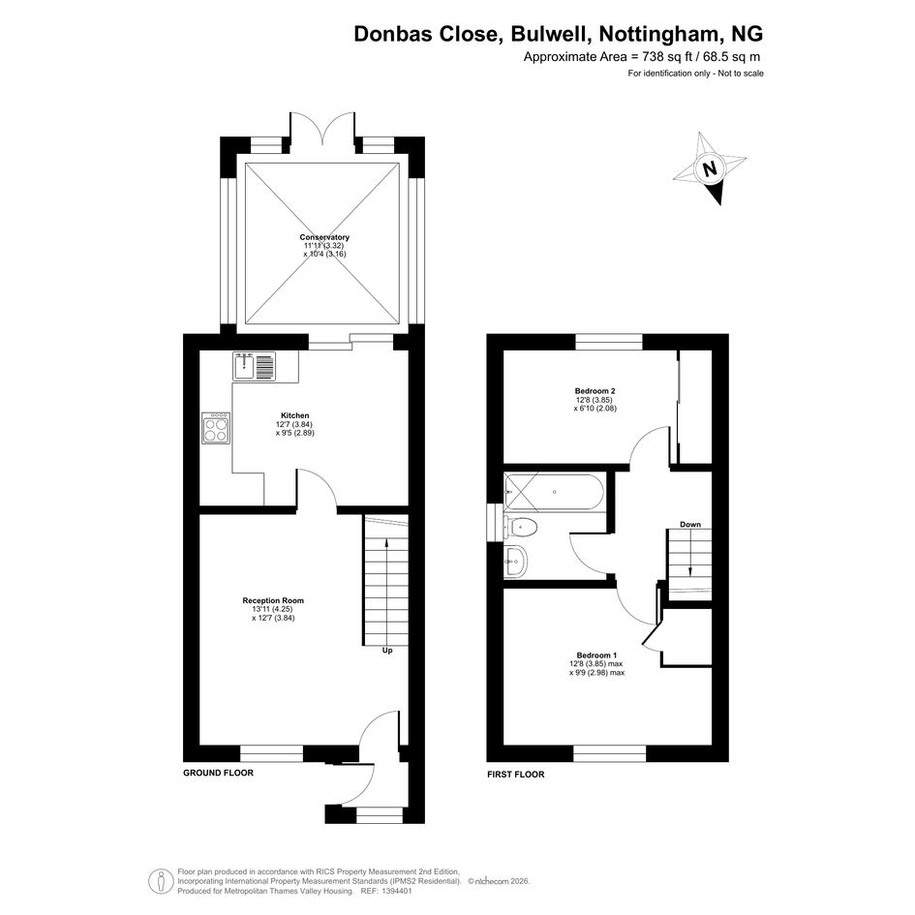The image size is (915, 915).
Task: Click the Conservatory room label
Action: pyautogui.click(x=324, y=237)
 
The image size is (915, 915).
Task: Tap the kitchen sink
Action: pyautogui.click(x=254, y=366)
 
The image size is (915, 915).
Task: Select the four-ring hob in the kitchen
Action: pyautogui.click(x=215, y=428)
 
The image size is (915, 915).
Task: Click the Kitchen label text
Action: pyautogui.click(x=295, y=415)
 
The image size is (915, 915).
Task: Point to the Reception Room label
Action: pyautogui.click(x=273, y=600)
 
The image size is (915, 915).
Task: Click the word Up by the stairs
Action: pyautogui.click(x=387, y=650)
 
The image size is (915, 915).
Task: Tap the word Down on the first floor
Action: pyautogui.click(x=690, y=525)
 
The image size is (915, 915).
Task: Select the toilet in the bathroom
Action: pyautogui.click(x=521, y=528)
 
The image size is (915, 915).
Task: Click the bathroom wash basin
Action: pyautogui.click(x=515, y=562)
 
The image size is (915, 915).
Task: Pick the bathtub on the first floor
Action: pyautogui.click(x=555, y=492)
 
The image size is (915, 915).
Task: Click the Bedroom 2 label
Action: pyautogui.click(x=595, y=391)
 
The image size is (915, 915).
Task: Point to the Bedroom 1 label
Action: pyautogui.click(x=597, y=656)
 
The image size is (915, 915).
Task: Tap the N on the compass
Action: pyautogui.click(x=710, y=169)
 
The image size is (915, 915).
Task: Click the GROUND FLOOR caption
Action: pyautogui.click(x=218, y=773)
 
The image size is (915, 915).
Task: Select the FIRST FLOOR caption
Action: pyautogui.click(x=516, y=775)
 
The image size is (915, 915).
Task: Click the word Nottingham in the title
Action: pyautogui.click(x=658, y=34)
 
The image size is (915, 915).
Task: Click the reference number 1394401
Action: pyautogui.click(x=396, y=891)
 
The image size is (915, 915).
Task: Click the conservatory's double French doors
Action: pyautogui.click(x=322, y=127)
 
